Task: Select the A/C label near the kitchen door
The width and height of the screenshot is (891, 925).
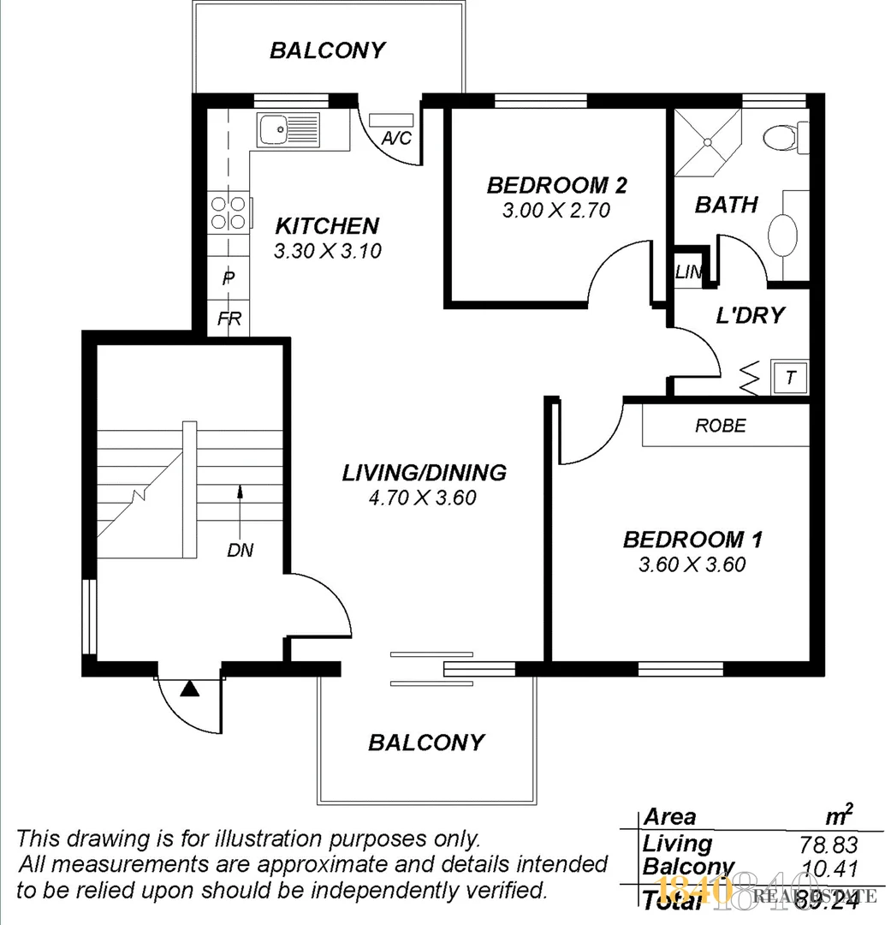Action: pos(396,137)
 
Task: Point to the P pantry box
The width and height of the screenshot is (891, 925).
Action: pos(229,277)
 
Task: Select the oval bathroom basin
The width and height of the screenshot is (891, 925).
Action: pos(783,235)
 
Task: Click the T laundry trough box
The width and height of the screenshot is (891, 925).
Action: pos(790,376)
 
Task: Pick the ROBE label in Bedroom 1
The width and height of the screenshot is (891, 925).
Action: pos(720,425)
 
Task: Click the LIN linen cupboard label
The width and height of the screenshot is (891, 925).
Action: pos(688,273)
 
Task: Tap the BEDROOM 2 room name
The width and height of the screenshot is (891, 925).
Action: pos(557,185)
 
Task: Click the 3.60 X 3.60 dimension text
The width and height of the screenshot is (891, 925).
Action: pos(692,564)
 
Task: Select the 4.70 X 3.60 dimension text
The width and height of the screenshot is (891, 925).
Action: pos(423,497)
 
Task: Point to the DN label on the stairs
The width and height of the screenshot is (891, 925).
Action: pos(241,551)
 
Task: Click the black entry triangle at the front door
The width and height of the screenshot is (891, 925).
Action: pos(189,687)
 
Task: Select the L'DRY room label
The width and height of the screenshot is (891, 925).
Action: pos(750,315)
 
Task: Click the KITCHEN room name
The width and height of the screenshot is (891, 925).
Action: pos(327,226)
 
